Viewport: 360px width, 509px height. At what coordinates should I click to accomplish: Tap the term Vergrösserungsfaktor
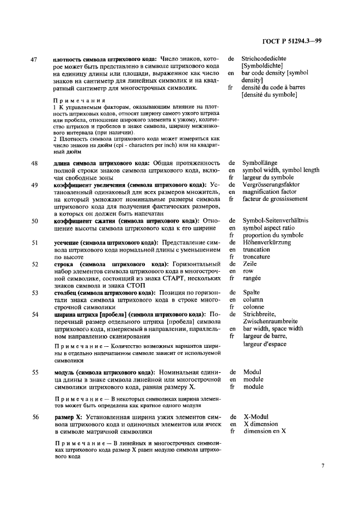[271, 185]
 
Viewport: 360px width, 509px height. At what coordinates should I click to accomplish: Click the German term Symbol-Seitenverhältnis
[275, 220]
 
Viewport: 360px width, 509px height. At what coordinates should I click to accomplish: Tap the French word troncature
[257, 256]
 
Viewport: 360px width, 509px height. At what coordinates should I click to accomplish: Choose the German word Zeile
[249, 264]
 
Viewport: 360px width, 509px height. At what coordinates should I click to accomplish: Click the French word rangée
[252, 278]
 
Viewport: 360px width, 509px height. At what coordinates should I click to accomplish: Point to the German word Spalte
[251, 292]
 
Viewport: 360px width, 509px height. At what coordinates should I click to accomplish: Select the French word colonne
[253, 306]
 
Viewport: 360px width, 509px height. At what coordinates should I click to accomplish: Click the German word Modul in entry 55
[252, 372]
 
